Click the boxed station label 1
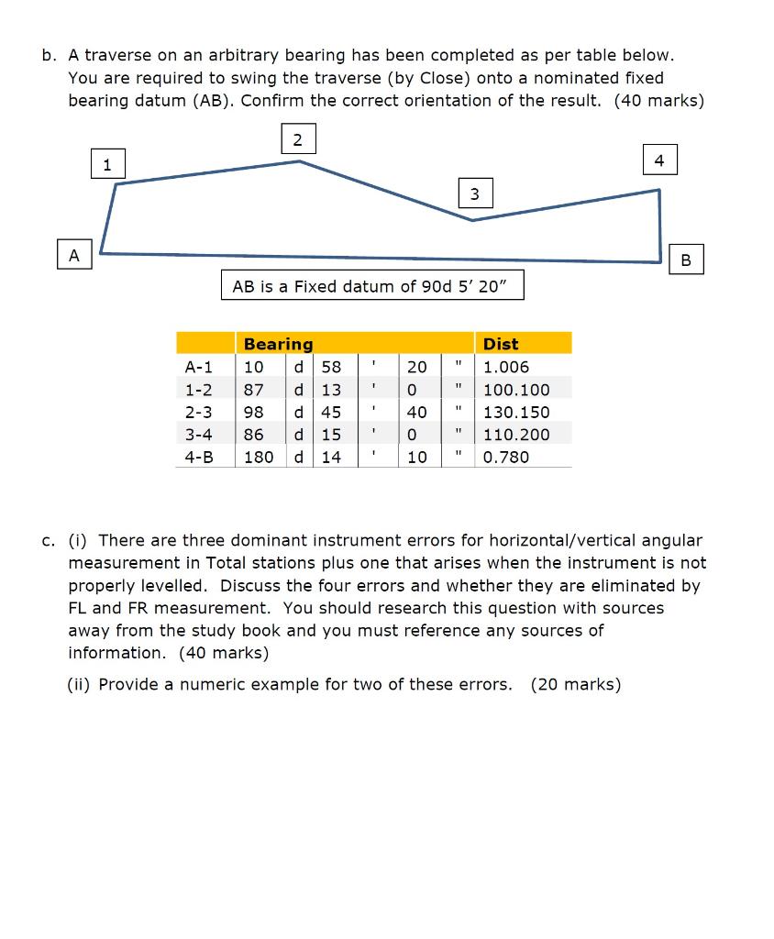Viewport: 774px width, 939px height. click(107, 165)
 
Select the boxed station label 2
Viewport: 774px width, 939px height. click(296, 139)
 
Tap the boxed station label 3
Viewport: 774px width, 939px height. click(473, 193)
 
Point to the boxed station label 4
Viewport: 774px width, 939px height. click(658, 160)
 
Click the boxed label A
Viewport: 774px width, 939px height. click(74, 253)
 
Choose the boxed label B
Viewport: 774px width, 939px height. click(687, 260)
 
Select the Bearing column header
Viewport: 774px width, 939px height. click(278, 344)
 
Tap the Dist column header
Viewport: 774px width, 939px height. click(501, 344)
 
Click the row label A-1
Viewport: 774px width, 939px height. click(198, 367)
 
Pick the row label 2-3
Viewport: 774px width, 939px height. click(198, 412)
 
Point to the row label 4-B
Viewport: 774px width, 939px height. click(198, 457)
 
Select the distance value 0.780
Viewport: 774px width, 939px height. click(506, 457)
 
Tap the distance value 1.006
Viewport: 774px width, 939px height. click(506, 367)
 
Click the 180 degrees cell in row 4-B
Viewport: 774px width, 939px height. click(259, 457)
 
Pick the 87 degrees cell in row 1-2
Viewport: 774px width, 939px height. click(254, 390)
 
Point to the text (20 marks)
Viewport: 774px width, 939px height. click(575, 684)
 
